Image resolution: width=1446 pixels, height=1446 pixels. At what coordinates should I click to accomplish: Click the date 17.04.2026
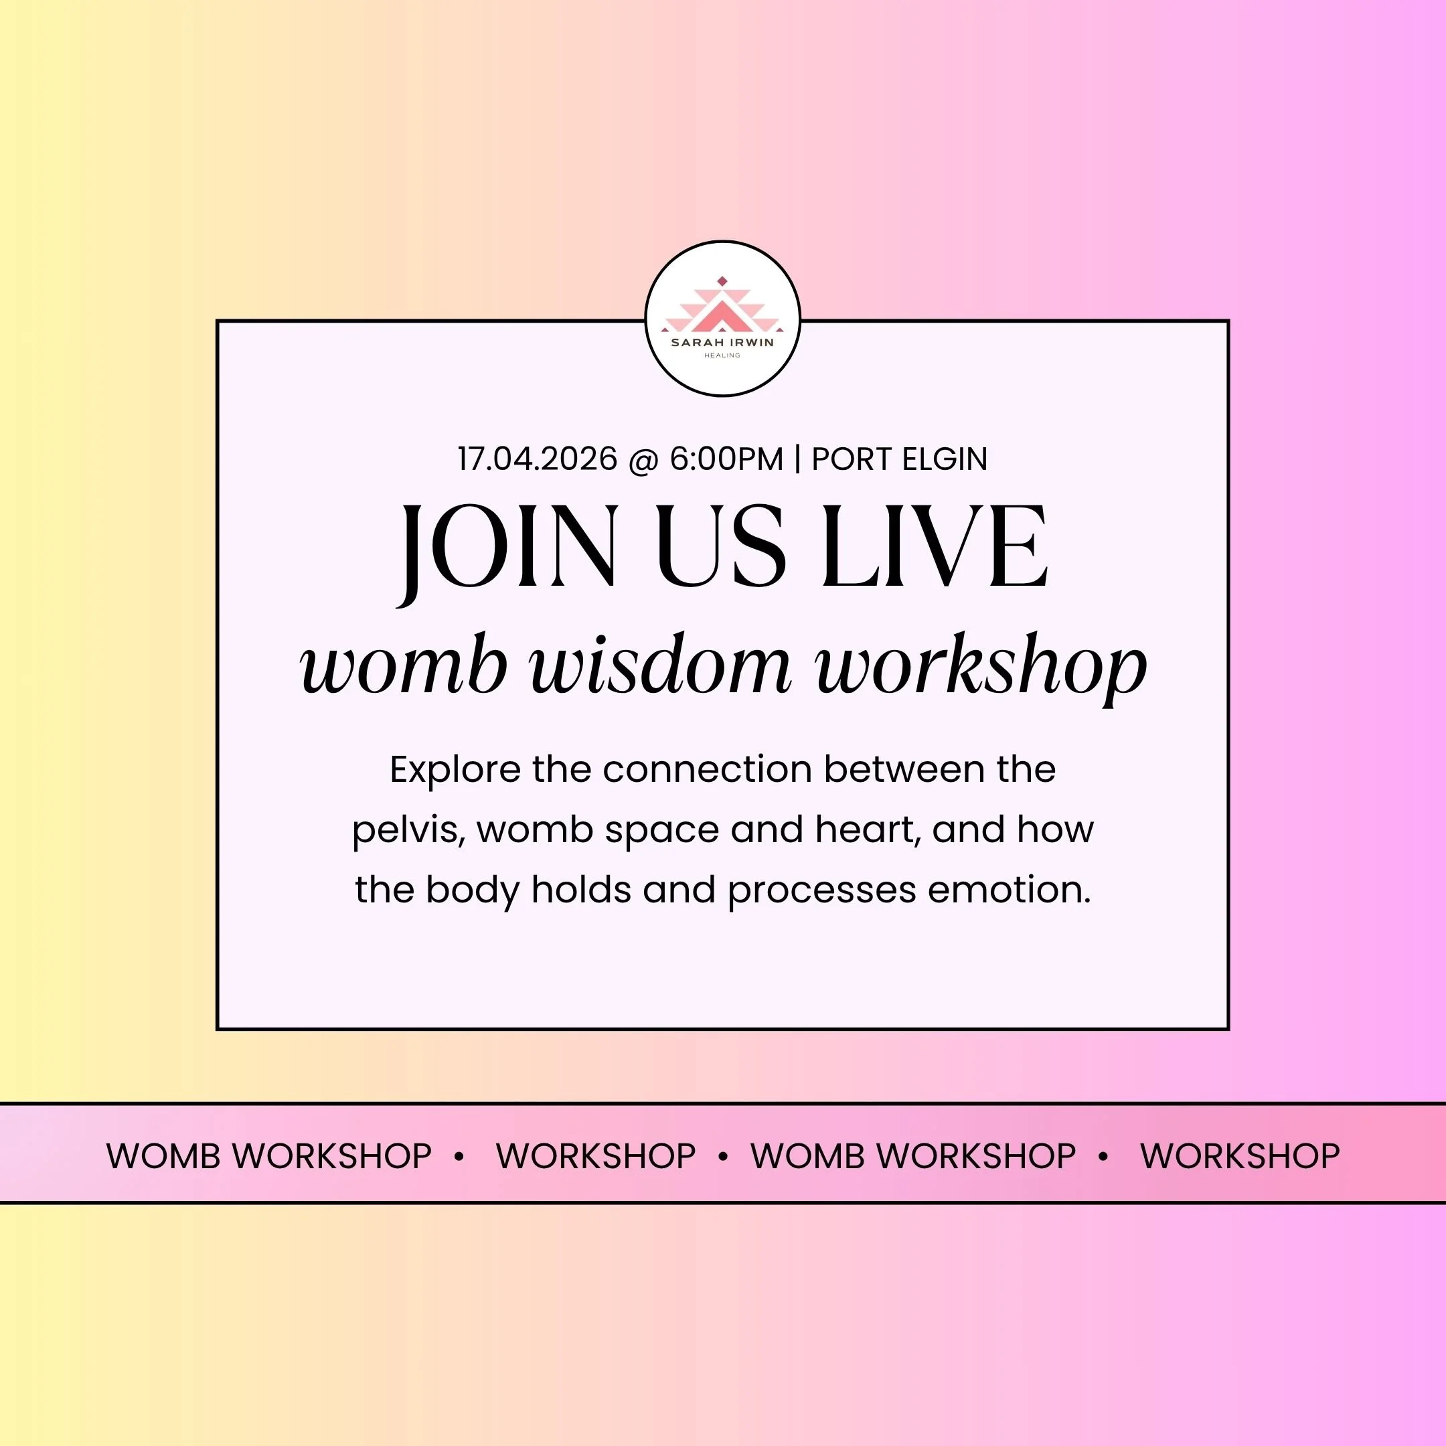tap(538, 459)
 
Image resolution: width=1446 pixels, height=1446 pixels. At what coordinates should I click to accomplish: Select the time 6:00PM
tap(725, 459)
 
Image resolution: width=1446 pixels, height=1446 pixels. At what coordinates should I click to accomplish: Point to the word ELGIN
tap(945, 459)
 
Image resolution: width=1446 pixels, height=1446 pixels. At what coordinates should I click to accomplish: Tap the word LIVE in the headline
tap(934, 546)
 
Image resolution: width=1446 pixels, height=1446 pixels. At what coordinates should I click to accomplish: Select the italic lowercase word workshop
tap(981, 666)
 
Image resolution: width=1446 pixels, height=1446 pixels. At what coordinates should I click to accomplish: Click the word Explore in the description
tap(455, 769)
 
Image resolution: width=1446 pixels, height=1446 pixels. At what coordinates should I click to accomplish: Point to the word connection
tap(708, 769)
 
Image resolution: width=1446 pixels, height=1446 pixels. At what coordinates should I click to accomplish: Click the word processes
tap(822, 890)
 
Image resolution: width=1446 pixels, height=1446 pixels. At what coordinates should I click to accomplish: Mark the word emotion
tap(1009, 889)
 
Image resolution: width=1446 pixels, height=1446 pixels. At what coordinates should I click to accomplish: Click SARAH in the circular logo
tap(693, 343)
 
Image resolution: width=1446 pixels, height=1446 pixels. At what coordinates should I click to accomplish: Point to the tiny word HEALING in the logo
tap(722, 355)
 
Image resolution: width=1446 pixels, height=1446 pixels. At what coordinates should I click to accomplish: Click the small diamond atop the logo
tap(722, 281)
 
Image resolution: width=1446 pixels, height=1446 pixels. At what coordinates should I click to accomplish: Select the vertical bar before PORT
tap(797, 459)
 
